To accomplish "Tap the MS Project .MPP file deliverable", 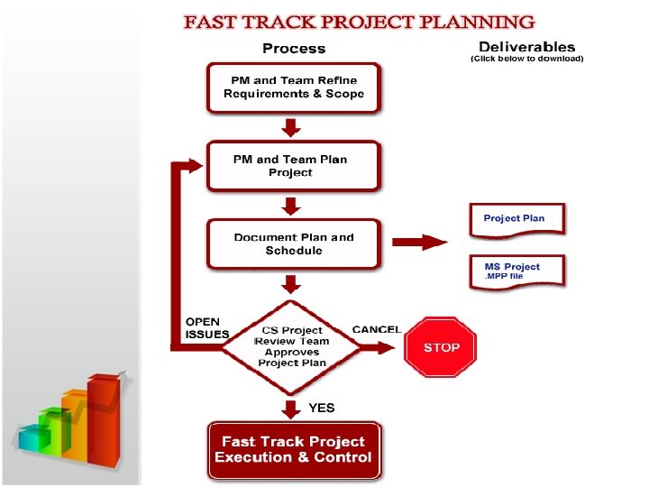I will click(517, 271).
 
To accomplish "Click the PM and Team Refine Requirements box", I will click(294, 87).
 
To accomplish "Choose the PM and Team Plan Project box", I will click(290, 166).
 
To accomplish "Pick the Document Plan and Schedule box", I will click(294, 243).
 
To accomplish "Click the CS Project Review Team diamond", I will click(292, 347).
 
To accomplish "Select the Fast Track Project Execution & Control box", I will click(293, 450).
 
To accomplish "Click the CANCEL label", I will click(377, 329).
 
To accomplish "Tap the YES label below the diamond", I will click(322, 408).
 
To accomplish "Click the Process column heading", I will click(293, 48).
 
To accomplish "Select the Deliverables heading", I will click(527, 46).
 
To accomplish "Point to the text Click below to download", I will click(527, 59).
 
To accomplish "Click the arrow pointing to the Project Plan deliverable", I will click(420, 242).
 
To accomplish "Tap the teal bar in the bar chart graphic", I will click(34, 441).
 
